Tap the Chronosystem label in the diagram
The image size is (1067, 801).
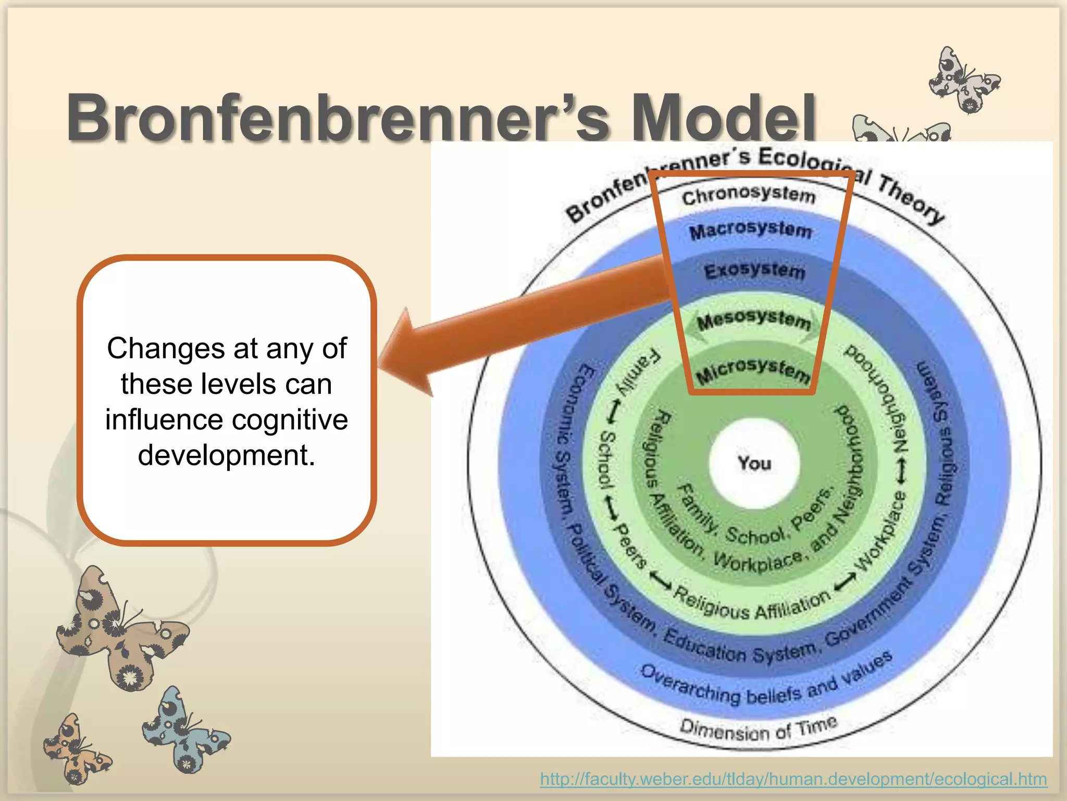pos(748,195)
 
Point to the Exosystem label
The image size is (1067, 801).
pos(754,271)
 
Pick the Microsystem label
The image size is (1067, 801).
pos(753,370)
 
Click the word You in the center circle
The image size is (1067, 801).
pos(754,463)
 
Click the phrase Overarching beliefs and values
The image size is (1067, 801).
pos(766,683)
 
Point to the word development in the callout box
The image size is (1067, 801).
pos(226,455)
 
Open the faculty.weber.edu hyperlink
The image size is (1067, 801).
pos(793,779)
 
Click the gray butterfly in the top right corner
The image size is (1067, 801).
pos(964,81)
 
